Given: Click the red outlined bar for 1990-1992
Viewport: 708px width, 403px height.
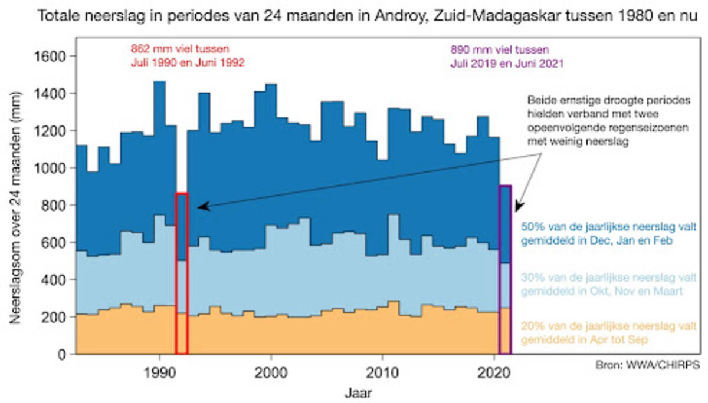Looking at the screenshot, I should (x=182, y=273).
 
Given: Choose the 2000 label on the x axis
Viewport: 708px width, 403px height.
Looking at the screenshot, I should (x=271, y=372).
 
